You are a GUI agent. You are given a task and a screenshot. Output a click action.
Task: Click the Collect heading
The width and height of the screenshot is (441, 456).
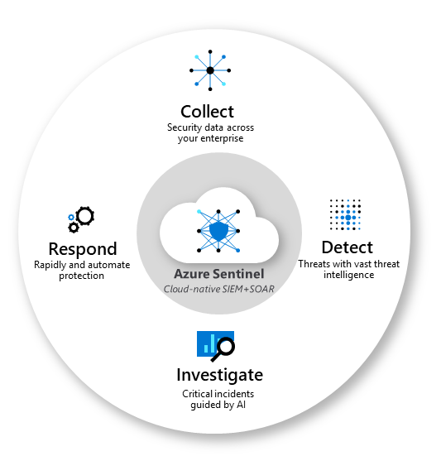[207, 111]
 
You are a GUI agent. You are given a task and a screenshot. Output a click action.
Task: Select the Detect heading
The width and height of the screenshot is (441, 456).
[347, 247]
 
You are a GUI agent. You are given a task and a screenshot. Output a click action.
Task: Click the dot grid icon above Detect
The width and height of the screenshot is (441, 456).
[346, 214]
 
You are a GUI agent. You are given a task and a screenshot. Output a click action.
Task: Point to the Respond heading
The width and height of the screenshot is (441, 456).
[82, 249]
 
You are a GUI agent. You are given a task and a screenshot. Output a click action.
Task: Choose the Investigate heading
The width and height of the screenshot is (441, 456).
[219, 374]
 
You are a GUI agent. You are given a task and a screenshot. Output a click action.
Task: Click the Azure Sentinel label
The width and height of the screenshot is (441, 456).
[218, 273]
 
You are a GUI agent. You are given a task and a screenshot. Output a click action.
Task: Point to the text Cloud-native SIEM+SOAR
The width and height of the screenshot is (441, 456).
[219, 287]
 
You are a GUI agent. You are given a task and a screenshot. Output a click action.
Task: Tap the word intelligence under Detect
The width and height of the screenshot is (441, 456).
[347, 275]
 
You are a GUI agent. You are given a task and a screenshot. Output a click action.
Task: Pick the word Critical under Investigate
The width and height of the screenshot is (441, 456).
[199, 395]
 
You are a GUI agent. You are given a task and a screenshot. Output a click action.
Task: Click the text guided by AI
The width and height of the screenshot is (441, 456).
[219, 406]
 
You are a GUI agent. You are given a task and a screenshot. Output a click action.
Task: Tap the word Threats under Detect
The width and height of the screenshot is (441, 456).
[314, 264]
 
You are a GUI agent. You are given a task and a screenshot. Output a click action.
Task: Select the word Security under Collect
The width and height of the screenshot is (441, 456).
[184, 127]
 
